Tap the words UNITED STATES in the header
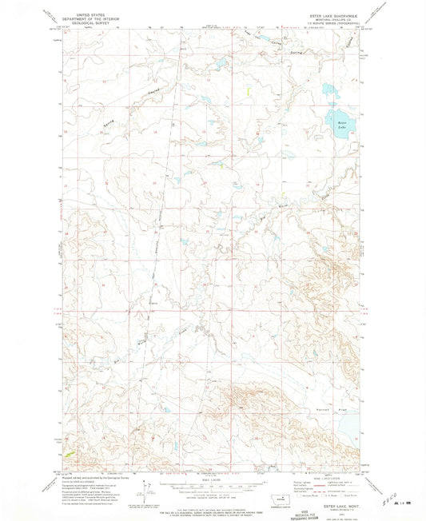pos(89,14)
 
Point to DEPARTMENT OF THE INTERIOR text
pos(89,18)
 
